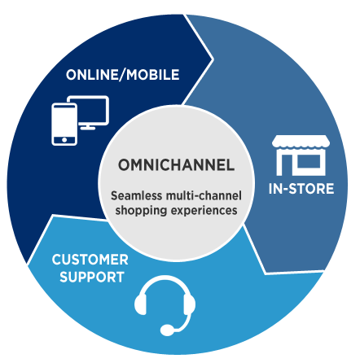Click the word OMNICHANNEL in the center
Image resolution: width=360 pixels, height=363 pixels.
176,164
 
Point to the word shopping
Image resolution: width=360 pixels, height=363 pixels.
141,211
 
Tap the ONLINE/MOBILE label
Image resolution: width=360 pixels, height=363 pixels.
123,75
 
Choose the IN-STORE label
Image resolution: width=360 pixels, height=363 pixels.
301,189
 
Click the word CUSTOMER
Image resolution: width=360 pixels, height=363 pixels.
90,260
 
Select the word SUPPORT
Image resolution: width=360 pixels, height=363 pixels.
92,277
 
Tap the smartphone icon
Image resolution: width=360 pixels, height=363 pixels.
64,125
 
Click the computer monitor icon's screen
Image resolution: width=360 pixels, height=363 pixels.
92,110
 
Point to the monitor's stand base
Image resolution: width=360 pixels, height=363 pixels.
88,128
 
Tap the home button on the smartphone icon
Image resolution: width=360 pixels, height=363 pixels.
64,140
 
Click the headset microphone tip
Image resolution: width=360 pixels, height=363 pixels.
167,330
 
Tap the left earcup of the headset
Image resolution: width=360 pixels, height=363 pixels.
141,304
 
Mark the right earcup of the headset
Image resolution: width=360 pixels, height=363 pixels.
190,304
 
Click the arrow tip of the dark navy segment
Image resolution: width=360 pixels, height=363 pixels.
213,59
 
